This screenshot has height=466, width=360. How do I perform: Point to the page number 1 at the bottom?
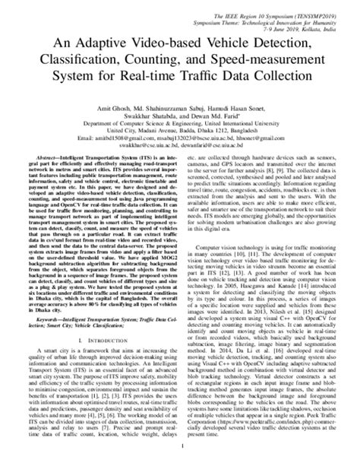tap(180, 459)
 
